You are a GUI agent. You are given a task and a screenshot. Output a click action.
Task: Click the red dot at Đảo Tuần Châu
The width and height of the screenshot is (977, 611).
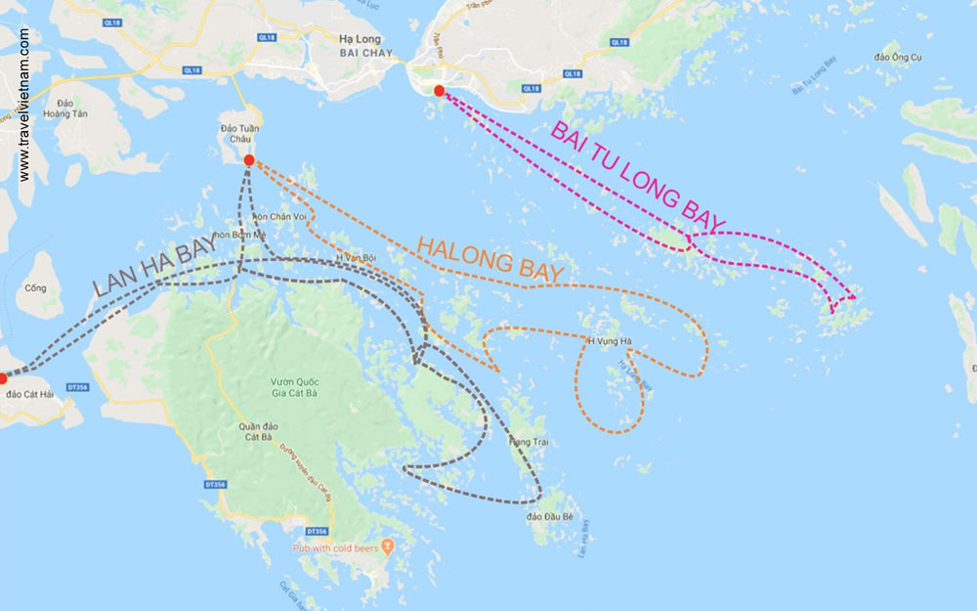click(x=249, y=160)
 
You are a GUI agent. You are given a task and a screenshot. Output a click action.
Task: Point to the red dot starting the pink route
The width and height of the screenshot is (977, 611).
click(x=439, y=91)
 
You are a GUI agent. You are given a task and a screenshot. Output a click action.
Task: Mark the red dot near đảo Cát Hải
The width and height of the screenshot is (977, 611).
click(x=3, y=377)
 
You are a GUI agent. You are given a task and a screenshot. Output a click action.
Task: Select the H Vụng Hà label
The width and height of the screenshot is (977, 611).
click(x=610, y=341)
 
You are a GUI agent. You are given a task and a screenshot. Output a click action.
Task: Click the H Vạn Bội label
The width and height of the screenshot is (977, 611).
click(x=357, y=257)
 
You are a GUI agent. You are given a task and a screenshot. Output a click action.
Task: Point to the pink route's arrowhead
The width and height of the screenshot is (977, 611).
click(x=853, y=296)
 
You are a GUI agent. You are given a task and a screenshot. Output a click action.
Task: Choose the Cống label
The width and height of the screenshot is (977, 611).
click(x=37, y=288)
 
